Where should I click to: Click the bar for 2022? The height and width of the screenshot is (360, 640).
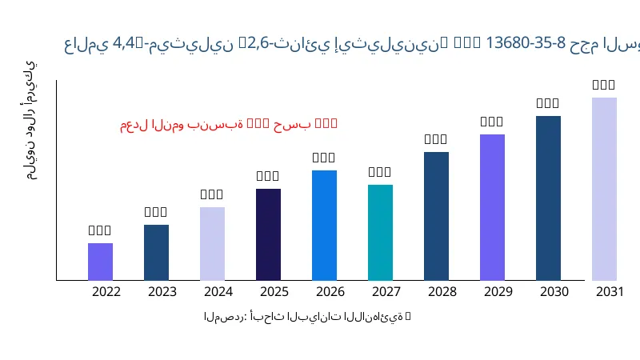pyautogui.click(x=100, y=262)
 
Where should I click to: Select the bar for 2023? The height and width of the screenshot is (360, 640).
pyautogui.click(x=156, y=253)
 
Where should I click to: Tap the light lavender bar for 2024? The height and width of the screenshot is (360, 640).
pyautogui.click(x=212, y=244)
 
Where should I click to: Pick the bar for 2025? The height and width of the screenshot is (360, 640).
pyautogui.click(x=268, y=234)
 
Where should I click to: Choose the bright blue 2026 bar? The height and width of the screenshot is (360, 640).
pyautogui.click(x=324, y=226)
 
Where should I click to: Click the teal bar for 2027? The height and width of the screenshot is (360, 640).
pyautogui.click(x=380, y=233)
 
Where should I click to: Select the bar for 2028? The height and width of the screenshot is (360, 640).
pyautogui.click(x=436, y=216)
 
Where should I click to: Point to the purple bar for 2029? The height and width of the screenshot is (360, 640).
pyautogui.click(x=492, y=207)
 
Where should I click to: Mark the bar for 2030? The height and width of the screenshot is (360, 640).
pyautogui.click(x=548, y=198)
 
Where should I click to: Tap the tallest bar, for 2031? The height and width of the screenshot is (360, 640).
pyautogui.click(x=604, y=189)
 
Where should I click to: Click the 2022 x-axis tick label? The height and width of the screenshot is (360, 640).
pyautogui.click(x=106, y=291)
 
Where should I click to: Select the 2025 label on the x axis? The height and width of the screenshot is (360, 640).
pyautogui.click(x=274, y=291)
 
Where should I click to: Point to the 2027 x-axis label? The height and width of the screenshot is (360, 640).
pyautogui.click(x=386, y=291)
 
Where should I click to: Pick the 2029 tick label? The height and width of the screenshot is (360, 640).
pyautogui.click(x=498, y=291)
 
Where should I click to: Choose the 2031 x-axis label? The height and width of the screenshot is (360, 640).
pyautogui.click(x=610, y=291)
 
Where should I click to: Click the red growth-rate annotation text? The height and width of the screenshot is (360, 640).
pyautogui.click(x=229, y=124)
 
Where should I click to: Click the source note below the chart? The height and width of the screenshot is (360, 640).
pyautogui.click(x=307, y=317)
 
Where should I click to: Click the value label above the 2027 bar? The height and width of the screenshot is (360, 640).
pyautogui.click(x=380, y=172)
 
